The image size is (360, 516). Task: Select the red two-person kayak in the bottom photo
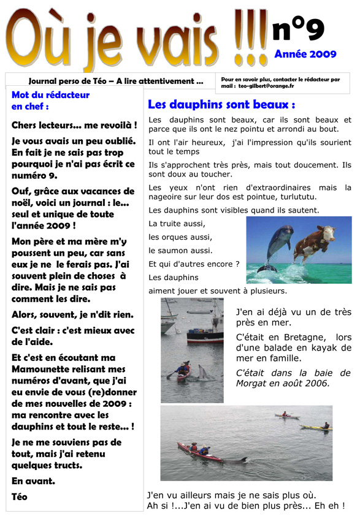pos(201,453)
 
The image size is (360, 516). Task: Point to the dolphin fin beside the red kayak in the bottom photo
pos(242,458)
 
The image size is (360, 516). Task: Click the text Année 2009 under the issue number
pos(305,54)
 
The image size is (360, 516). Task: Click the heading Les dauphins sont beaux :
pos(221,105)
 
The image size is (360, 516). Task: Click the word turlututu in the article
pos(297,197)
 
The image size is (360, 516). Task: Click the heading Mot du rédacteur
pos(50,95)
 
